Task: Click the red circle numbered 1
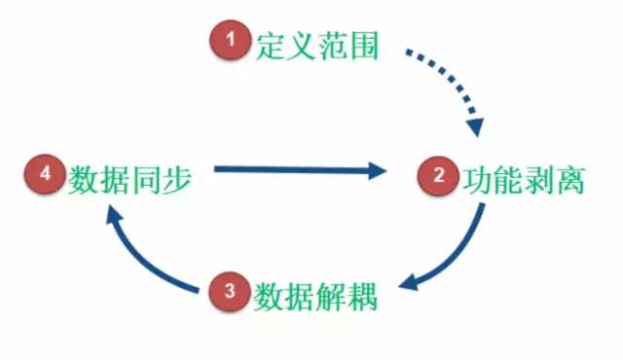click(x=231, y=42)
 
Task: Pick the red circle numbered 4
click(x=45, y=176)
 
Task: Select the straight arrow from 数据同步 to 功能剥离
click(x=292, y=171)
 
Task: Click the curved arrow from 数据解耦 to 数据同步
click(x=146, y=263)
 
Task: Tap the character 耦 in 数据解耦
click(x=361, y=292)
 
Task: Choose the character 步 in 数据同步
click(x=175, y=177)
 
